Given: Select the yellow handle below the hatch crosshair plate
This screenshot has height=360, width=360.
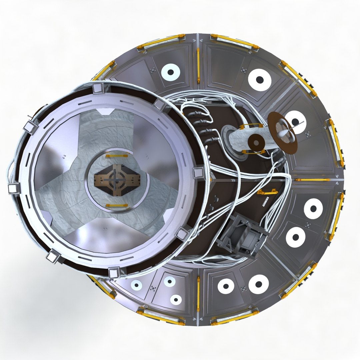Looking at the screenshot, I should (116, 205).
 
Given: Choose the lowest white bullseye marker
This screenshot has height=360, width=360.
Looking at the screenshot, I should (176, 299).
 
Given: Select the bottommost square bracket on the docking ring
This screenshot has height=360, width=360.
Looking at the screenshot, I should (114, 273).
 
